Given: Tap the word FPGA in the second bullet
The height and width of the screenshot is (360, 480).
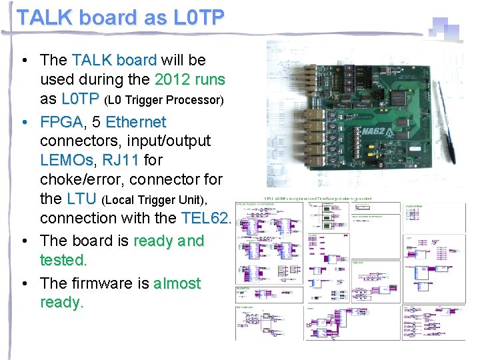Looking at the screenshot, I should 61,123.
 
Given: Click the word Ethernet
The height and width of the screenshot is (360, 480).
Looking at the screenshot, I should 135,123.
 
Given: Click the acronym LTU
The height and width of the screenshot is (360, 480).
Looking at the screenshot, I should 82,199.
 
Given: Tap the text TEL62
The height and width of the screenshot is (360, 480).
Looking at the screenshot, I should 206,218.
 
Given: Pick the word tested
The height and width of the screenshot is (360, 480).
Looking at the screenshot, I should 63,259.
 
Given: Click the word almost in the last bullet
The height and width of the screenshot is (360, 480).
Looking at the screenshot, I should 177,283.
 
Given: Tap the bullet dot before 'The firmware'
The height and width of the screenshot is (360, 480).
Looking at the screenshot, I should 24,283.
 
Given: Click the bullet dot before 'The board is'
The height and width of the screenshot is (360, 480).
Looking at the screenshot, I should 24,241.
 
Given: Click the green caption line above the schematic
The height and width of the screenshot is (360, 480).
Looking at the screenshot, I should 318,198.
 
